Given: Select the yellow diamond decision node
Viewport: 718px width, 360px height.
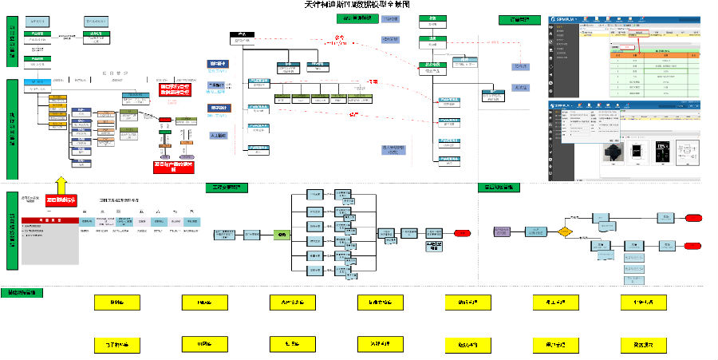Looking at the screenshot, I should tap(565, 232).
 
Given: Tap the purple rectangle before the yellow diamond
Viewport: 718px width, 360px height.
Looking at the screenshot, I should tap(503, 231).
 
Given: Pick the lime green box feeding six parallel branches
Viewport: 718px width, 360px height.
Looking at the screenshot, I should tap(281, 235).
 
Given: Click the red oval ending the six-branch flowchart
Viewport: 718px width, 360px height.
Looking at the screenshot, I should tap(463, 232).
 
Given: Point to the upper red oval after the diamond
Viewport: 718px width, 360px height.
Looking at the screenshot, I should tap(692, 217).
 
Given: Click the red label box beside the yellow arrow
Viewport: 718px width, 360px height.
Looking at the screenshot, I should tap(61, 199).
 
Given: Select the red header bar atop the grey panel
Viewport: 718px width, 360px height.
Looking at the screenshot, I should tap(49, 219).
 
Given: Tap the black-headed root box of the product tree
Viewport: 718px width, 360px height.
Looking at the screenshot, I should tap(242, 35).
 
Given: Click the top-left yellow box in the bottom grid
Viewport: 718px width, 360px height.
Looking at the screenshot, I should tap(116, 303).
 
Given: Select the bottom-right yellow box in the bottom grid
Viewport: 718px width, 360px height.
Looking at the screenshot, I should tap(644, 344).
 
